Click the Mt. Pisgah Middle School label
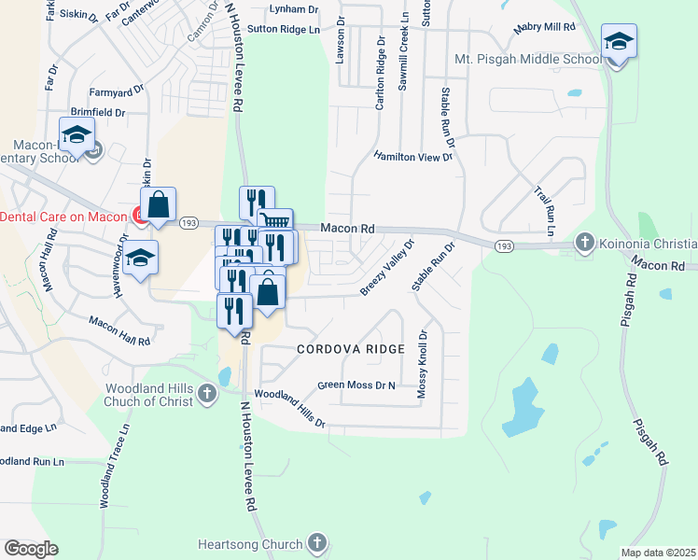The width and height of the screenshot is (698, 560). [x=528, y=60]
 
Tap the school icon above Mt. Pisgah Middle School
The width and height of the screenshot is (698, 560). [x=618, y=42]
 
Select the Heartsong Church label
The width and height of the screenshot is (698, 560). [x=251, y=544]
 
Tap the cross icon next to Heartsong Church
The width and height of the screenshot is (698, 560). [x=317, y=543]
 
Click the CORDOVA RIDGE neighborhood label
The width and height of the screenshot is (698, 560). [x=351, y=349]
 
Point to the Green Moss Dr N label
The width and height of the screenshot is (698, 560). [x=357, y=385]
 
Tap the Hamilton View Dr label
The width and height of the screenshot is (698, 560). [x=413, y=157]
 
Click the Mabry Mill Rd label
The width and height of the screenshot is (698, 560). [x=545, y=28]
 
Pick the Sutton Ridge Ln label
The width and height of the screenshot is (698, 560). [x=284, y=30]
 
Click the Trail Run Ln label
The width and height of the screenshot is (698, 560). [x=545, y=211]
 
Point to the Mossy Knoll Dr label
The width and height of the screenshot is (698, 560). [x=422, y=364]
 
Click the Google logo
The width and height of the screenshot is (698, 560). [x=31, y=549]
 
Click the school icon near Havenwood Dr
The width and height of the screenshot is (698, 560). [x=141, y=258]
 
